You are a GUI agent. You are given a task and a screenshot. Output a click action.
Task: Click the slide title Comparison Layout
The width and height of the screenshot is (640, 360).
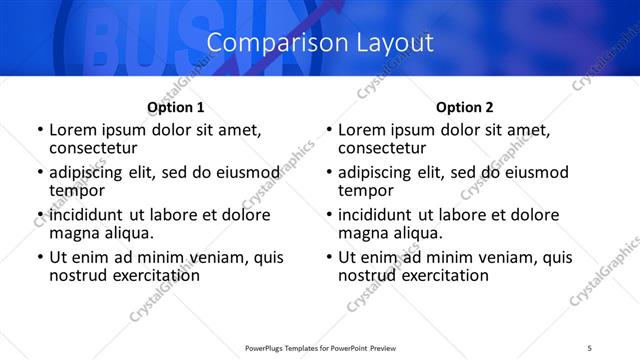pos(320,43)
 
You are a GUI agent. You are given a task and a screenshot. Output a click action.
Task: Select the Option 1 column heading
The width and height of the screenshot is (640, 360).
pos(176,107)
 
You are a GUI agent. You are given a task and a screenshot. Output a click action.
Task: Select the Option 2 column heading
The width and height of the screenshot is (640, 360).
pos(465,107)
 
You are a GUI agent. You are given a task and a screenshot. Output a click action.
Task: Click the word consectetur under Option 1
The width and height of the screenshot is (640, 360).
pos(92,148)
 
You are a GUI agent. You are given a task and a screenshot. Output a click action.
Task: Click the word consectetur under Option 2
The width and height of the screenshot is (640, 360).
pos(381,148)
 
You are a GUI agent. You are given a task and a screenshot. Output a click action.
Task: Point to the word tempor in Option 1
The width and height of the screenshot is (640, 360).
pos(77,190)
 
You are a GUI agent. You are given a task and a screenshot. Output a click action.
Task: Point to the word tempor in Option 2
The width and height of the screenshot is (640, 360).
pos(366,190)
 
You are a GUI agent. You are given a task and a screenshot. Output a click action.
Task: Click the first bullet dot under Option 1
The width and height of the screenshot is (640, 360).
pos(40,131)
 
